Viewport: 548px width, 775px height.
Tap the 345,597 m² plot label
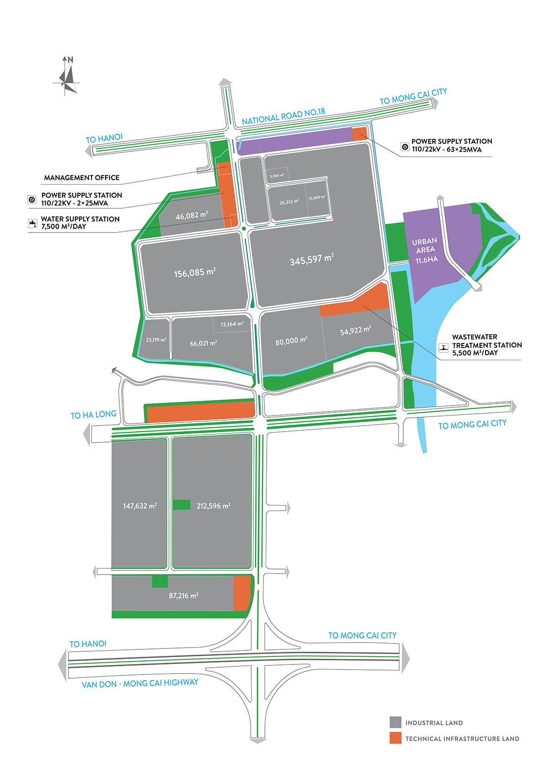311,260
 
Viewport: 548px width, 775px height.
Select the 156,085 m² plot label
195,273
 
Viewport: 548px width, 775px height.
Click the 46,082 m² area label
192,215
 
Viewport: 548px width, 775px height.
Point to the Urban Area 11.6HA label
426,250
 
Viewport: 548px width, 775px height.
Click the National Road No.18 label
283,116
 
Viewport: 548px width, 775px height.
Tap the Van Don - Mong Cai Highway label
140,683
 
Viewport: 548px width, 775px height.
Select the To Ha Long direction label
93,415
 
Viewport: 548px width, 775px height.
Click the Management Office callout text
82,178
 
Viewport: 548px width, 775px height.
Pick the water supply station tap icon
32,223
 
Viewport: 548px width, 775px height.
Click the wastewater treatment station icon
443,348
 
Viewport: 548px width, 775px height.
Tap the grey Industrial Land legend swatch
395,722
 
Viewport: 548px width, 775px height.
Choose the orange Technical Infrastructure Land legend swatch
395,738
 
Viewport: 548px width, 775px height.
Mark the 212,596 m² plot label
213,506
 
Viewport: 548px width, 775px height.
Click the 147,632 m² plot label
140,506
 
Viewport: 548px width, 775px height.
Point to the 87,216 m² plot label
184,596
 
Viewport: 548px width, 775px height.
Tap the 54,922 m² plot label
355,331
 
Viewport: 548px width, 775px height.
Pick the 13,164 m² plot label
232,324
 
